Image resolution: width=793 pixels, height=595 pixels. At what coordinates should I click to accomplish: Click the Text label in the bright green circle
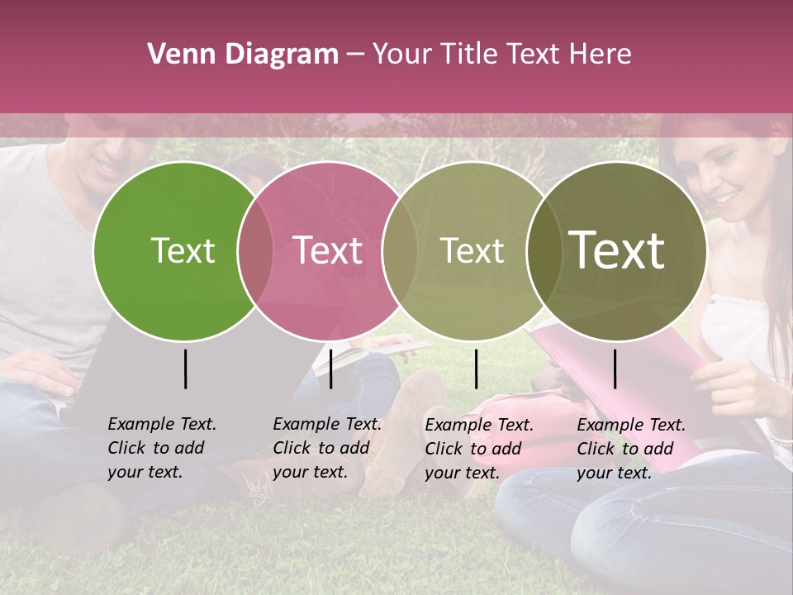(x=183, y=250)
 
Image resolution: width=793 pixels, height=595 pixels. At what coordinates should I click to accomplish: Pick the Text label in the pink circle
(x=327, y=250)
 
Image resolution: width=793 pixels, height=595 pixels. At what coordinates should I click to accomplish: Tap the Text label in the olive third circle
(x=472, y=250)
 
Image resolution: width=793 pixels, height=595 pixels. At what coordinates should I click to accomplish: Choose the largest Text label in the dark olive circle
(x=616, y=250)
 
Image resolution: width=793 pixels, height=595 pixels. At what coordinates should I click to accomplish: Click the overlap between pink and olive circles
(x=399, y=250)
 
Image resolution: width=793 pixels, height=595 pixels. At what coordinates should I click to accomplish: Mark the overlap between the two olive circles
(x=543, y=250)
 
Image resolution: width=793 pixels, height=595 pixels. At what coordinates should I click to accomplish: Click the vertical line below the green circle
(x=186, y=369)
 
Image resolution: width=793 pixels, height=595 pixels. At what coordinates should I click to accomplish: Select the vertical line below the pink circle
(x=330, y=369)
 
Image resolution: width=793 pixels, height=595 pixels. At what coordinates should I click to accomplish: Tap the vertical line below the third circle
(x=476, y=369)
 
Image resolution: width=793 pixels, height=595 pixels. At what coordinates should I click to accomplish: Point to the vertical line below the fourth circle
(x=615, y=369)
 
